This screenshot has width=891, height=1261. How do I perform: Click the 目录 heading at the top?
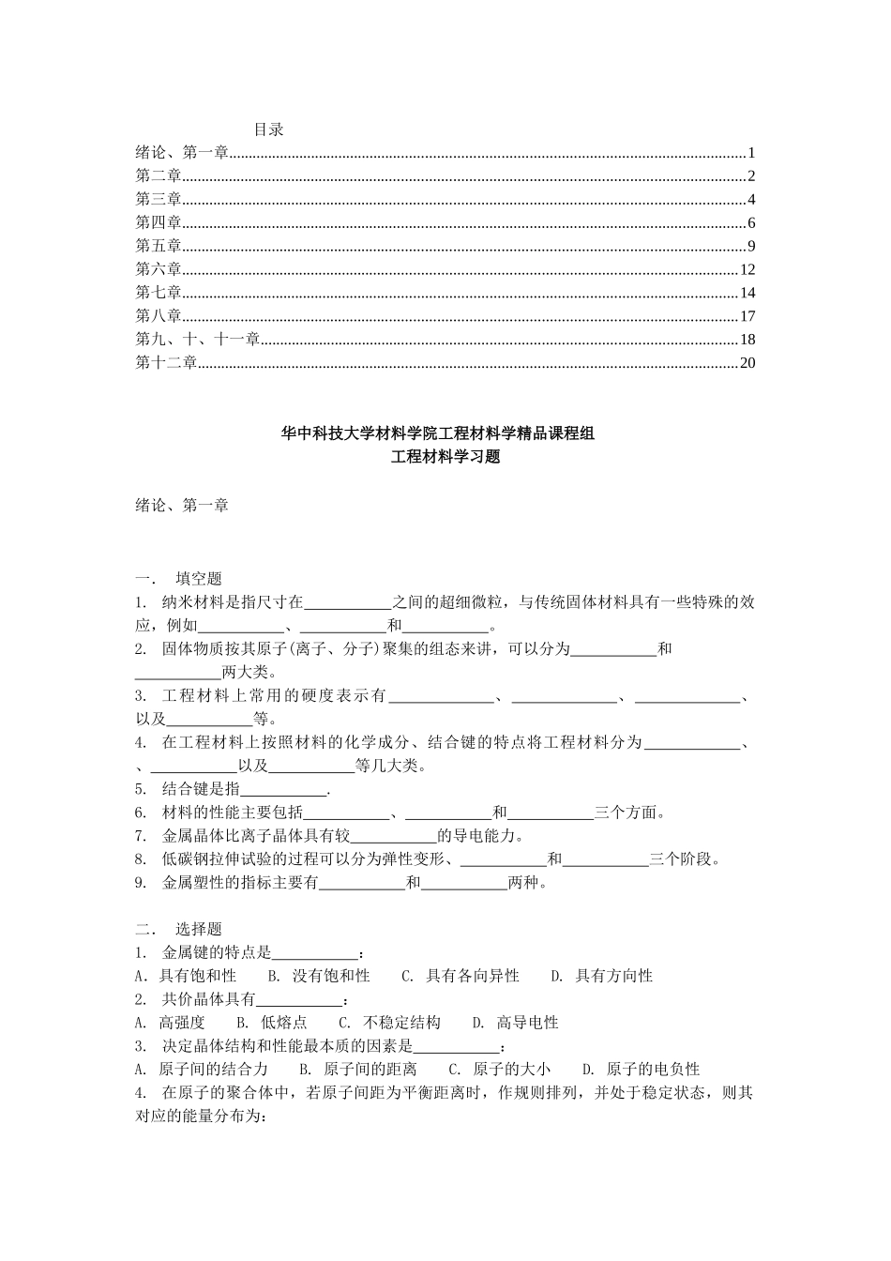click(x=268, y=129)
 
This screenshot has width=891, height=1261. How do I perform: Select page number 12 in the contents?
click(x=747, y=270)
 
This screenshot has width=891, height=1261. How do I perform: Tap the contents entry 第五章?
click(x=159, y=247)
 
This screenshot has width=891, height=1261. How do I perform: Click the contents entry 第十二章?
click(x=166, y=363)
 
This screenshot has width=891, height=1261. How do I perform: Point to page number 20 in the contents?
click(x=747, y=363)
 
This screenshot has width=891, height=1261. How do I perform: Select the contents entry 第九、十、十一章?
click(x=197, y=340)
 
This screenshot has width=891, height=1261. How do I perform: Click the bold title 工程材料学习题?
click(x=445, y=458)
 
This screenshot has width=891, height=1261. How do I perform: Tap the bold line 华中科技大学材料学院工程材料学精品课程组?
click(x=445, y=433)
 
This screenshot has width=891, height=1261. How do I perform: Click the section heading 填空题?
click(x=199, y=578)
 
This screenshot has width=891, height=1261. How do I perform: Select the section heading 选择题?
click(x=199, y=929)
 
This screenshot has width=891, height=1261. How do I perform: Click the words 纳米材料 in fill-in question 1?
click(x=193, y=601)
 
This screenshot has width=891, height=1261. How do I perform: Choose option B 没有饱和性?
click(x=330, y=976)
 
